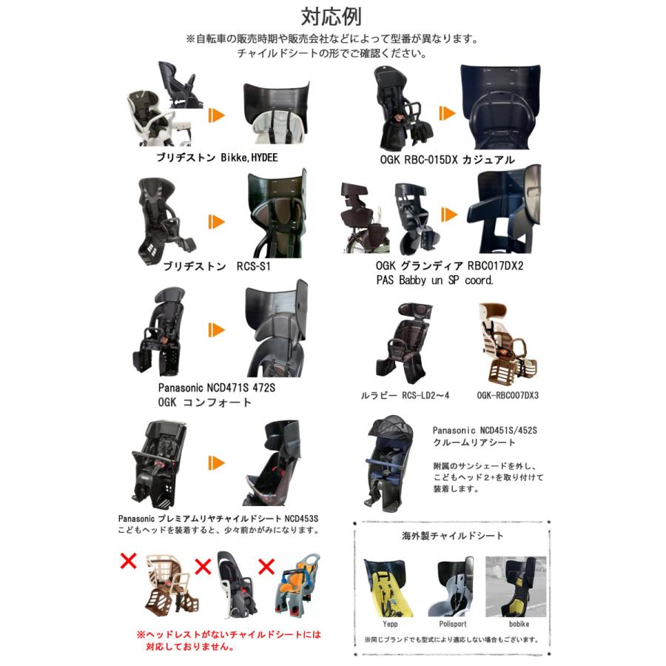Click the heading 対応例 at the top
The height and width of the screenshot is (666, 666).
pos(332,16)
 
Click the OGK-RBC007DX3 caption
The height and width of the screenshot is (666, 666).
pos(508,395)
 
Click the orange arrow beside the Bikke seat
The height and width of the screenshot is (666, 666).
pos(215,115)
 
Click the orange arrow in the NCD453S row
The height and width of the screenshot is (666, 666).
pos(215,462)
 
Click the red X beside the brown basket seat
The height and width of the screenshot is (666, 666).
pos(129,560)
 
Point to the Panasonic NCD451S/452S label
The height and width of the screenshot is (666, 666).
pos(485,430)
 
